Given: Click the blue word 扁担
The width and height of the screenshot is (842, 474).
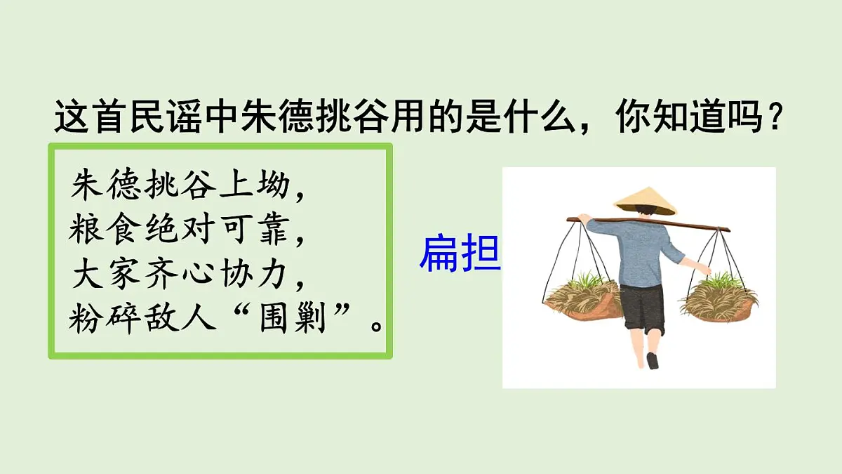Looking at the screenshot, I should [x=460, y=254].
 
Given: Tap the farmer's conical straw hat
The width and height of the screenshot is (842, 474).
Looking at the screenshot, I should [x=645, y=200].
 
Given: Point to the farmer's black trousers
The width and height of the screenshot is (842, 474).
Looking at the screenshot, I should [x=642, y=309].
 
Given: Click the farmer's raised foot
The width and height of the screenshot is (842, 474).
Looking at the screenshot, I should [x=653, y=360].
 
